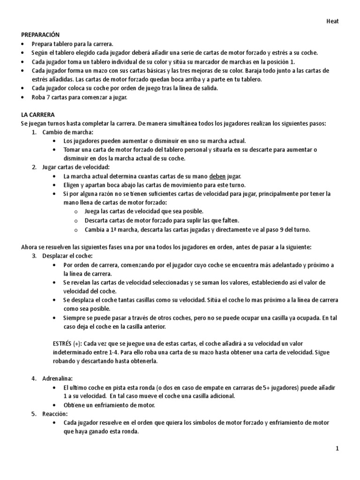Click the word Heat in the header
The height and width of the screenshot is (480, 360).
(332, 21)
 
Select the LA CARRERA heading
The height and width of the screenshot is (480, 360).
(37, 114)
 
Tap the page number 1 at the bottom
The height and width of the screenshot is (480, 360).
(337, 449)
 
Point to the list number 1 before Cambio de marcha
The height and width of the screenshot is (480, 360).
(34, 132)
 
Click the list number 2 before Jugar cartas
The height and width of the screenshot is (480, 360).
(34, 167)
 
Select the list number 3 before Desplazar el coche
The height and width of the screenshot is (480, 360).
(34, 256)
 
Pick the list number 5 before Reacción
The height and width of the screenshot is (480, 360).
(34, 414)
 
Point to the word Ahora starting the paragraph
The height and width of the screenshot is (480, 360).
(30, 247)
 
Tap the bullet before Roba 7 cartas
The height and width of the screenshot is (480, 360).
(23, 97)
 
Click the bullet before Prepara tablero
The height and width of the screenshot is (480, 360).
(23, 44)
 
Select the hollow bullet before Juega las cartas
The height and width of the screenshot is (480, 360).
(76, 211)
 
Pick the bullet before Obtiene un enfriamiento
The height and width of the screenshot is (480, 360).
(57, 405)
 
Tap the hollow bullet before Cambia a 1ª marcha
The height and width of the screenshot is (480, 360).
(76, 229)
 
